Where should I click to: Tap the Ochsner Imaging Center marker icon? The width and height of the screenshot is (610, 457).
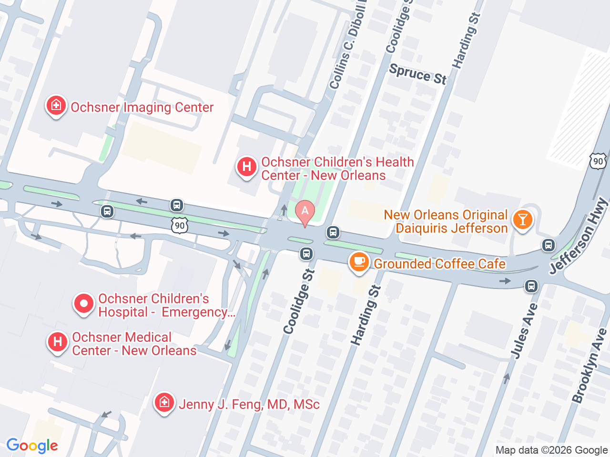(x=56, y=106)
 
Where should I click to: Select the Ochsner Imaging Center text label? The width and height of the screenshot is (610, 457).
(x=142, y=108)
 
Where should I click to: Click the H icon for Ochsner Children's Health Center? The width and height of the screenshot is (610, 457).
(x=247, y=167)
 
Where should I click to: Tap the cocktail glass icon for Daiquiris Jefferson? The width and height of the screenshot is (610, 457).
(x=522, y=220)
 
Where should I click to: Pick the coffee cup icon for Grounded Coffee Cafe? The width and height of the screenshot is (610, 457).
(x=359, y=262)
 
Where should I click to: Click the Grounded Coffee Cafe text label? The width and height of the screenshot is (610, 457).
(x=439, y=264)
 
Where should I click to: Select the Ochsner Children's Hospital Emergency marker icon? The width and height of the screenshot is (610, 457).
(x=84, y=304)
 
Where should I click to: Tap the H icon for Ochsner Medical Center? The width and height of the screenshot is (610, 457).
(x=58, y=342)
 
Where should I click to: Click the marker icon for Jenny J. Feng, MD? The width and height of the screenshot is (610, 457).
(x=164, y=403)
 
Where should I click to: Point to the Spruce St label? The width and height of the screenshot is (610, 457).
(x=418, y=74)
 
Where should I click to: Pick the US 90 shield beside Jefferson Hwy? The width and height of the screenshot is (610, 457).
(x=598, y=161)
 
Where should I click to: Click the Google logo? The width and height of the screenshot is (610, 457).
(x=32, y=446)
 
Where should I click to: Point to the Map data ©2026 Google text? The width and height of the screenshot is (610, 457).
(x=551, y=450)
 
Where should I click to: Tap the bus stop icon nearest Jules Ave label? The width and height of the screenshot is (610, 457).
(x=531, y=286)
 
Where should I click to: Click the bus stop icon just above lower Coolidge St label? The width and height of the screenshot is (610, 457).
(x=306, y=254)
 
